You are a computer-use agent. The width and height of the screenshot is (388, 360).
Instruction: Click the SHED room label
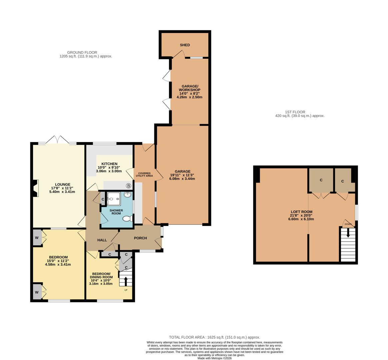click(x=185, y=45)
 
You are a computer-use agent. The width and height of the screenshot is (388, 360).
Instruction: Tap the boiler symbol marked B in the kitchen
click(x=128, y=186)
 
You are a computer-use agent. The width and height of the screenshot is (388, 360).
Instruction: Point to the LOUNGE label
click(x=63, y=184)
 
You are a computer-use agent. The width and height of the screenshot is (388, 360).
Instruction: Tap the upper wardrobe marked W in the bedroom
click(x=37, y=237)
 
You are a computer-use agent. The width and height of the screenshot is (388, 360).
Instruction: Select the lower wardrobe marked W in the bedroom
click(x=37, y=292)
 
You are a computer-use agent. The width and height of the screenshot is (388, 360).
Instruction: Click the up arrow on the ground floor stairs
click(x=126, y=281)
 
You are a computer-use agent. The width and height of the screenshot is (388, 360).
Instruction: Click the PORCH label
click(x=140, y=238)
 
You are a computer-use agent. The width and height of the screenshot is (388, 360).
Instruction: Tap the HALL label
click(x=102, y=240)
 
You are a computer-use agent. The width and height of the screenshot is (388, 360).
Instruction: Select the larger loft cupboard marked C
click(x=321, y=180)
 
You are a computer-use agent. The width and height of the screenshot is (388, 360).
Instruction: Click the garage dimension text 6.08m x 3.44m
click(x=182, y=179)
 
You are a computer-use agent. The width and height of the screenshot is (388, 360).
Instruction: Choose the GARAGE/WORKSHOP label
click(x=189, y=88)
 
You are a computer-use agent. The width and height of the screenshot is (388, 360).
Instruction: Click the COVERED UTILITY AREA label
click(x=144, y=174)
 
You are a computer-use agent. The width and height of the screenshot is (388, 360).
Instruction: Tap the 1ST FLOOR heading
click(x=295, y=112)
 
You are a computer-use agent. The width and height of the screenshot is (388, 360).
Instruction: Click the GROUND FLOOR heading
click(x=82, y=52)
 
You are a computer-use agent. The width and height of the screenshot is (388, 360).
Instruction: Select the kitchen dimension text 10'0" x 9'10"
click(x=109, y=167)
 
